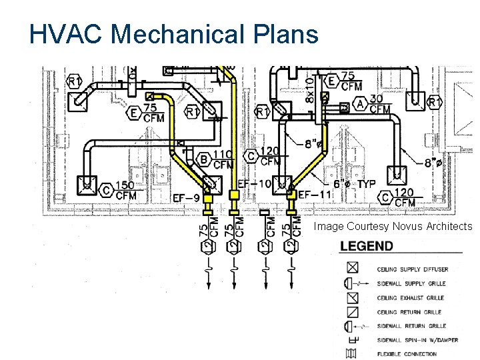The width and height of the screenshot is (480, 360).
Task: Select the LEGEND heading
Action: pos(367,246)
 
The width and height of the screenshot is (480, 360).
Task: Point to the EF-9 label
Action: pos(186,197)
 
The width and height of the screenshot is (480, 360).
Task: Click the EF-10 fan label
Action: pos(254,183)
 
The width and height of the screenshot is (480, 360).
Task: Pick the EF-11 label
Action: pos(314,194)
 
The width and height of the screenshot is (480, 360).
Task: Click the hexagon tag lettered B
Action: pos(204,159)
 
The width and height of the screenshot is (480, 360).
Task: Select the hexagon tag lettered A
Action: pos(361,104)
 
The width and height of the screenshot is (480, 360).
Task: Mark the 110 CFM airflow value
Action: pos(223,159)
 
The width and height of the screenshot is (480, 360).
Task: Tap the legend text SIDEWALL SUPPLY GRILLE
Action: pos(411,284)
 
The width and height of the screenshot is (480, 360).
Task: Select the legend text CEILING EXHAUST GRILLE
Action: pos(411,298)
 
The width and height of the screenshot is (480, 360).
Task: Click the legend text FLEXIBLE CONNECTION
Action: pos(407,354)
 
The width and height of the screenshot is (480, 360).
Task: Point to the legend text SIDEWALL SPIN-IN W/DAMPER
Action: pos(417,340)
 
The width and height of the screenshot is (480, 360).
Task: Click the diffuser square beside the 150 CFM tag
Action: pos(87,183)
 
